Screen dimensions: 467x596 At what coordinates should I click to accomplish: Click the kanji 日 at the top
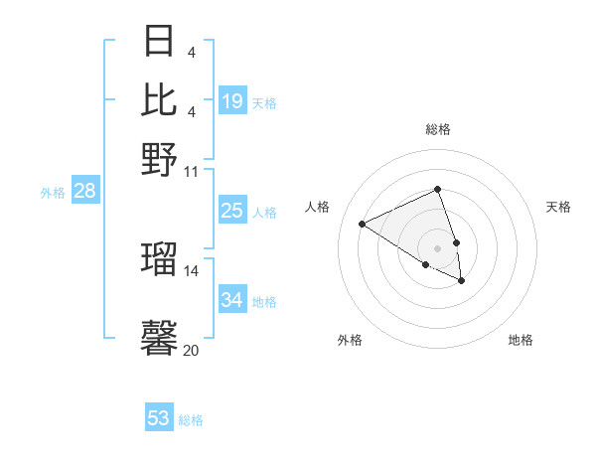(160, 43)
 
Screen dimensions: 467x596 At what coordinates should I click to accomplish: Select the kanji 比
(160, 99)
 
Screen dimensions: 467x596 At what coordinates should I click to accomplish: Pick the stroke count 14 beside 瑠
(192, 270)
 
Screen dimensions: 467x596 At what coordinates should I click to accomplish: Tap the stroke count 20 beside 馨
(192, 350)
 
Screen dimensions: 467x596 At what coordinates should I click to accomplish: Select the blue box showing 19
(232, 101)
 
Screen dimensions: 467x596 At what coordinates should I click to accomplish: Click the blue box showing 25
(232, 211)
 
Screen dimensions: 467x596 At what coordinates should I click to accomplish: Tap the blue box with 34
(232, 300)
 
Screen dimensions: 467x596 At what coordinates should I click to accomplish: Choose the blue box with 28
(84, 192)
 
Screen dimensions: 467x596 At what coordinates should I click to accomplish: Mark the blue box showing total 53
(159, 418)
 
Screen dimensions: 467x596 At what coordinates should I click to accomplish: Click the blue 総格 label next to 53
(191, 420)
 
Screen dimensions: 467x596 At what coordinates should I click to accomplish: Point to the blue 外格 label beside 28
(53, 194)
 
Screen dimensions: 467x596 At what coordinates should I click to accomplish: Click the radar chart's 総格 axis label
(437, 129)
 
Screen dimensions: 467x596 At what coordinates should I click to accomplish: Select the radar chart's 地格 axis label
(521, 341)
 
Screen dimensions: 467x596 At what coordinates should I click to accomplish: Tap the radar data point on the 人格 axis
(363, 225)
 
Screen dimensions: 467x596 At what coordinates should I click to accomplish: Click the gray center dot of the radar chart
(437, 247)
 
